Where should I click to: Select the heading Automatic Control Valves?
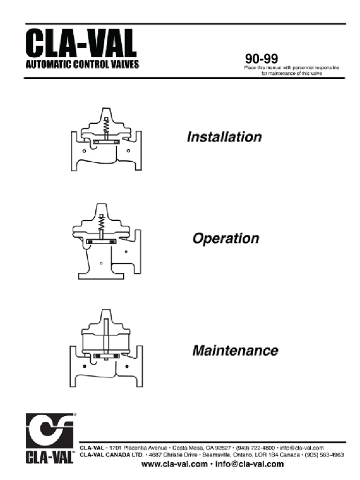click(x=82, y=65)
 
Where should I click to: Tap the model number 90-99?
click(x=262, y=60)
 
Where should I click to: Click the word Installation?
click(x=224, y=137)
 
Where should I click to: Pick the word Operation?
click(x=225, y=239)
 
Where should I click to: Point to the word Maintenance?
click(x=235, y=350)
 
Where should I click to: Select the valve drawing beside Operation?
click(x=105, y=241)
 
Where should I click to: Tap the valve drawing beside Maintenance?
click(x=106, y=349)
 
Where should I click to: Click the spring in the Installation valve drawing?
click(x=106, y=126)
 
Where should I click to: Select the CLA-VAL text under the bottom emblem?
click(x=50, y=457)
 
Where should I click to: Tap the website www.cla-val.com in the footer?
click(x=174, y=465)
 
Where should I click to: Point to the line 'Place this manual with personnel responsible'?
click(x=291, y=68)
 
